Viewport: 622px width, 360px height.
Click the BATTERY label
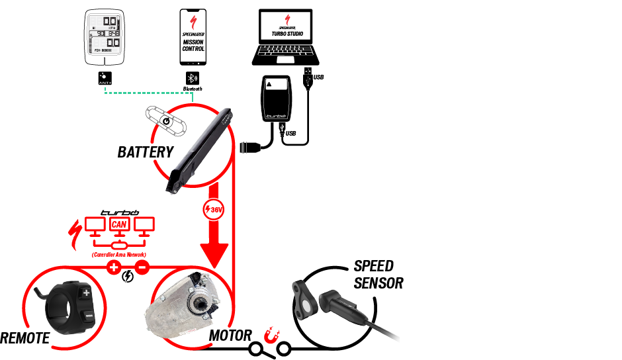click(x=145, y=152)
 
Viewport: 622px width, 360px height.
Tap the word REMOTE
click(x=25, y=338)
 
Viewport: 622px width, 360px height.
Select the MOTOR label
click(x=231, y=335)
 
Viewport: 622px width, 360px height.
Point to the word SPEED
click(x=373, y=266)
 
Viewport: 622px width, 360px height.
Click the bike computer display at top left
click(x=105, y=37)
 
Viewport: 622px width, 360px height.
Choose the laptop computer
click(x=286, y=40)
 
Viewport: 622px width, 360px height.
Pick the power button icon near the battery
click(x=166, y=121)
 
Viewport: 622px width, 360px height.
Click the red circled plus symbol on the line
click(x=114, y=268)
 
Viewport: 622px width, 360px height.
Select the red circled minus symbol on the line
click(x=142, y=268)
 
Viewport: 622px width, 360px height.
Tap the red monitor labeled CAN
click(x=119, y=226)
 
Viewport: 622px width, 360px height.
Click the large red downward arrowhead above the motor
click(x=214, y=253)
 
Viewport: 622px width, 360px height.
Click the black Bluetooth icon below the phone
click(x=193, y=77)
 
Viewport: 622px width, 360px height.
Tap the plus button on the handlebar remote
click(x=86, y=292)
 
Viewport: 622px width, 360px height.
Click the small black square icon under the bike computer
click(x=105, y=77)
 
